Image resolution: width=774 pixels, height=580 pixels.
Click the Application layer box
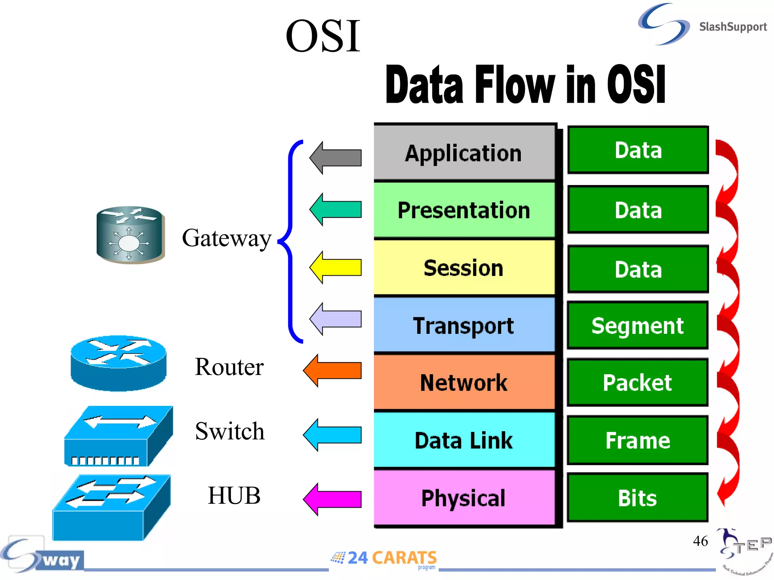click(464, 153)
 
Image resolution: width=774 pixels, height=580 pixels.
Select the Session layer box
click(464, 268)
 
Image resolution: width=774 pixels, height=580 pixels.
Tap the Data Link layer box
click(464, 440)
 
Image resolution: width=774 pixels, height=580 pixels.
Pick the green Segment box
click(638, 325)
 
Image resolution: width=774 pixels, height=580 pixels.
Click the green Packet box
click(638, 383)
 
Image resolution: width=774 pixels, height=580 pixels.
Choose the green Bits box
click(638, 498)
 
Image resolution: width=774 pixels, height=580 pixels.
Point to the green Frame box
click(638, 440)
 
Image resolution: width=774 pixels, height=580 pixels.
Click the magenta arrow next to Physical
click(333, 499)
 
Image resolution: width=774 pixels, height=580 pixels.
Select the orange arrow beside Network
click(333, 370)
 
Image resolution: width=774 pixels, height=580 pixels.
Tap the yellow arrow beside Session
click(336, 267)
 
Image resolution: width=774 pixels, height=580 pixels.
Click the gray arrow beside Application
click(336, 158)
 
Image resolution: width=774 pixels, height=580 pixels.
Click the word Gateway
click(227, 239)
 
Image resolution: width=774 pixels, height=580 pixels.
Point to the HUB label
click(234, 495)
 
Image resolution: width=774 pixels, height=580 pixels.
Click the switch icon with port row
click(118, 437)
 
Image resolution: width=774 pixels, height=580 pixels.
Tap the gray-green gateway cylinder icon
click(130, 235)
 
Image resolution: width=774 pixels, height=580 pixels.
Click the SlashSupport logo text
click(732, 27)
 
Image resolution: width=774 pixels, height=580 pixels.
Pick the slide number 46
click(700, 541)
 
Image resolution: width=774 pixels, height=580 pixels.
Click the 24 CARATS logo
click(384, 558)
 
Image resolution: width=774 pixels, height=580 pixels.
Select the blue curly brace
click(290, 242)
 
